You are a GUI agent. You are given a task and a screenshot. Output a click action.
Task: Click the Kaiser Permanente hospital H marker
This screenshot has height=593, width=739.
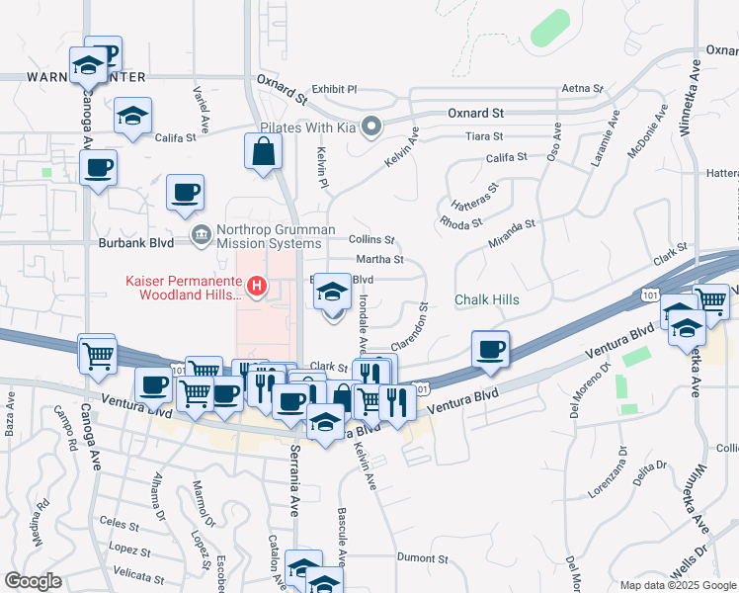pyautogui.click(x=257, y=287)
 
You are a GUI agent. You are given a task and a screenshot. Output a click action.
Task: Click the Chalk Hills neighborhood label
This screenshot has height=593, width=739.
pyautogui.click(x=487, y=299)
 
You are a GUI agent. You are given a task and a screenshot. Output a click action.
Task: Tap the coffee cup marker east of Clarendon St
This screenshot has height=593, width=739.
pyautogui.click(x=491, y=348)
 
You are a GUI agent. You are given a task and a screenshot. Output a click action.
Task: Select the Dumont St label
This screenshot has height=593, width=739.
pyautogui.click(x=423, y=557)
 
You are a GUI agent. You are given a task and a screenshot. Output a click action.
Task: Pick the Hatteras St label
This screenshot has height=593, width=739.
pyautogui.click(x=475, y=196)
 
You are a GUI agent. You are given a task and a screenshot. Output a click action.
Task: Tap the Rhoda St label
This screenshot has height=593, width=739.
pyautogui.click(x=460, y=222)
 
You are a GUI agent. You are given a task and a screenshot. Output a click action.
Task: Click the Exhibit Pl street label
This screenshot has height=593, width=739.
pyautogui.click(x=334, y=89)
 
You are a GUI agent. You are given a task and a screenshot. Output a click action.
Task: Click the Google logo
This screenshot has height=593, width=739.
pyautogui.click(x=34, y=581)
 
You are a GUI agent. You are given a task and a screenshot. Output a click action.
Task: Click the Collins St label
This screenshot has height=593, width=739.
pyautogui.click(x=372, y=240)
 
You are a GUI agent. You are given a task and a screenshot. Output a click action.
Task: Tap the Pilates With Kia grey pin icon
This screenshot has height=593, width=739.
pyautogui.click(x=371, y=126)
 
